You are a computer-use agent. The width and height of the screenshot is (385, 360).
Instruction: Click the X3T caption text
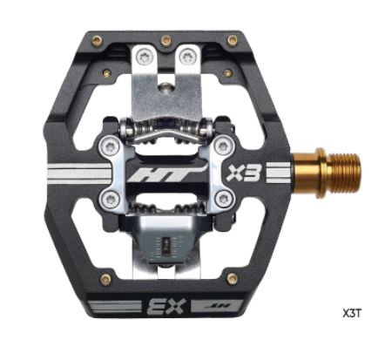tap(352, 314)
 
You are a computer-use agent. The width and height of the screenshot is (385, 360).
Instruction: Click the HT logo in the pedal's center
tap(166, 173)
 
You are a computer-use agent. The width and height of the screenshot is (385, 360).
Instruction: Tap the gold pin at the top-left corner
tap(98, 40)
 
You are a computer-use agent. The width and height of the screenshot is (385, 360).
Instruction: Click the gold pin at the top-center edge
tap(166, 39)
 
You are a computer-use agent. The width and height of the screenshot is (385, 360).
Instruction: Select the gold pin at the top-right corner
tap(233, 40)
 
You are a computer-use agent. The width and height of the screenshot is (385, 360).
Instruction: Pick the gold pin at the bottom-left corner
tap(105, 279)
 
